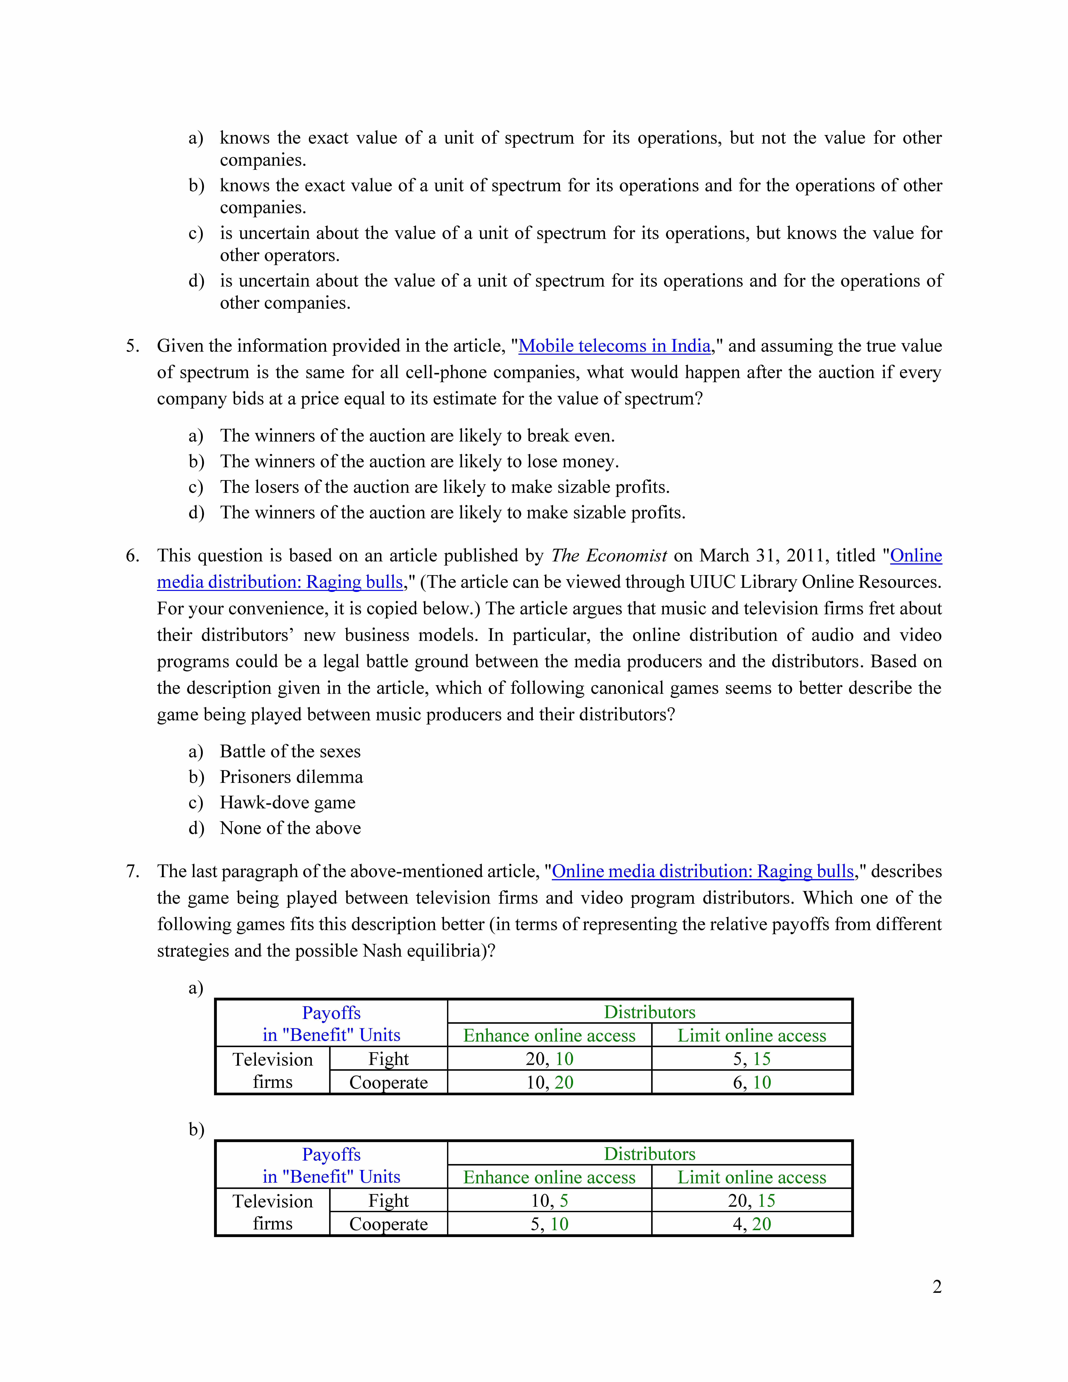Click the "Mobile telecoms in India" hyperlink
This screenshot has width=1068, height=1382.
point(614,346)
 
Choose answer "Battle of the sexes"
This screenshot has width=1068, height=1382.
point(290,752)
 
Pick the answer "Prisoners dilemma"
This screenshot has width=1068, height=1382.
point(291,777)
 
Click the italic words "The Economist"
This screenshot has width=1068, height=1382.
point(609,556)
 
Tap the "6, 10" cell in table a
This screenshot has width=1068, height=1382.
point(752,1083)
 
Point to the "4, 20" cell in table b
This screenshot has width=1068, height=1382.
point(752,1224)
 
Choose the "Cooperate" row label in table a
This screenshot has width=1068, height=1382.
point(388,1083)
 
